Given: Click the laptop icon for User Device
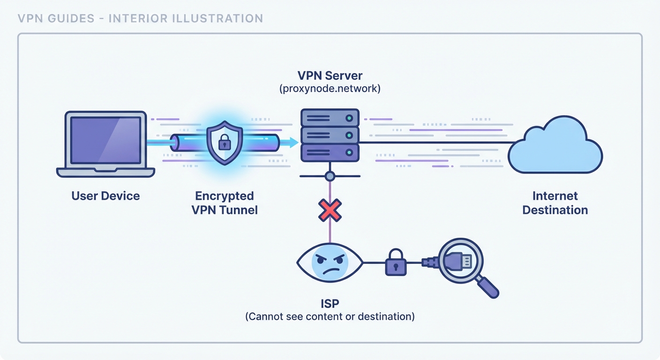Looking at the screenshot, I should [x=105, y=143].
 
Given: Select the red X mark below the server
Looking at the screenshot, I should [x=330, y=210].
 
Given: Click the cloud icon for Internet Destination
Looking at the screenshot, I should [x=555, y=145].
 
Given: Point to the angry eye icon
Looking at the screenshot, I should [x=330, y=263].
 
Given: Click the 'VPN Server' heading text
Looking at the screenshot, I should [x=330, y=75].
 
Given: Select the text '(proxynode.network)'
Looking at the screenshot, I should [x=330, y=88].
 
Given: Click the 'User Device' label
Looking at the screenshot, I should [x=105, y=195].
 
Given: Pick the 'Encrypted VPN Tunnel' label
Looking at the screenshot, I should [x=225, y=202].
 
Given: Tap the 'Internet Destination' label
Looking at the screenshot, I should [x=555, y=202].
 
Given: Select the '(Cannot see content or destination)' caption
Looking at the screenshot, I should [x=330, y=316].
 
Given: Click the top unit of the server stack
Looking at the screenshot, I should [x=330, y=118].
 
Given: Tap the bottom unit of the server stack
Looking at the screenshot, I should [x=330, y=153].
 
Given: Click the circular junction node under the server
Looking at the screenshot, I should [x=330, y=176].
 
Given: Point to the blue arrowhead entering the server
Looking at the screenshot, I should [x=294, y=142].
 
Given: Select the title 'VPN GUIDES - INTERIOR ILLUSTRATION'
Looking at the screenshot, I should [x=140, y=19].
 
